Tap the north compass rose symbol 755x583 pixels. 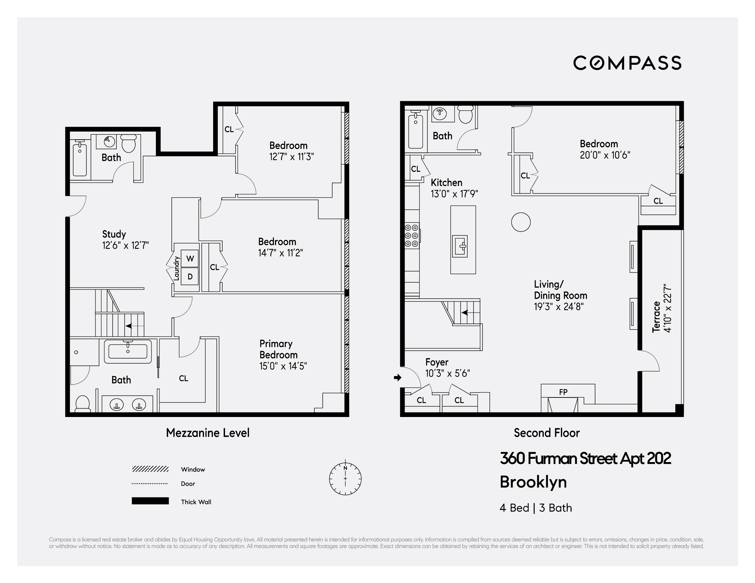click(x=345, y=479)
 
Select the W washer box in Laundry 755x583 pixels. click(x=190, y=258)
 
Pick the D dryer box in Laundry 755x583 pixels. click(x=190, y=277)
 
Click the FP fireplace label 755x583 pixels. click(x=563, y=392)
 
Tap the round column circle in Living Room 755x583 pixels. click(x=521, y=222)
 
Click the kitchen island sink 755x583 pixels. click(x=460, y=246)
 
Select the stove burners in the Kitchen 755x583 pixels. click(x=411, y=236)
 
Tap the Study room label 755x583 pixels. click(x=114, y=234)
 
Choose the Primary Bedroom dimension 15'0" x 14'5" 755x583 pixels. click(x=283, y=366)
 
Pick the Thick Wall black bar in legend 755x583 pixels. click(x=150, y=501)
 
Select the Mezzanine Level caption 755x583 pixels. click(x=207, y=433)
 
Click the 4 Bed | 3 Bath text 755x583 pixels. click(x=535, y=508)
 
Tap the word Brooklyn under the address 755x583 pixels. click(x=533, y=482)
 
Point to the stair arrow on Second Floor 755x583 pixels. click(x=465, y=313)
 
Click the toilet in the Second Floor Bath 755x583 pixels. click(x=465, y=114)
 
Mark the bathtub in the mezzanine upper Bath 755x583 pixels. click(x=80, y=160)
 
